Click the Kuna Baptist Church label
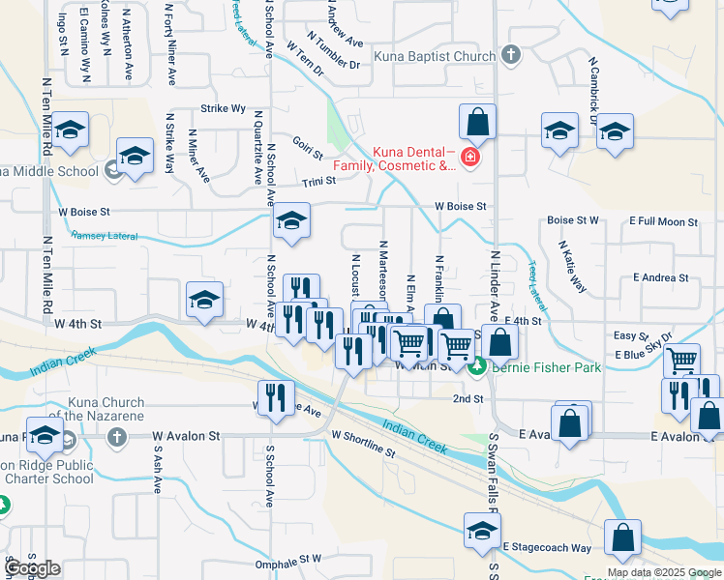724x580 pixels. [435, 56]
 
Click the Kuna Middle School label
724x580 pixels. [48, 172]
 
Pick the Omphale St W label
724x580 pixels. [287, 559]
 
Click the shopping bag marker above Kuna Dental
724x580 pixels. [477, 123]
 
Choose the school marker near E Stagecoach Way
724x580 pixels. [481, 530]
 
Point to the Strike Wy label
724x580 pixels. [223, 109]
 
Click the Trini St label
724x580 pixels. [318, 181]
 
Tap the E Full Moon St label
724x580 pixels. [664, 222]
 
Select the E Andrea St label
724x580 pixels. [660, 277]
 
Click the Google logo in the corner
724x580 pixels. [32, 568]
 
